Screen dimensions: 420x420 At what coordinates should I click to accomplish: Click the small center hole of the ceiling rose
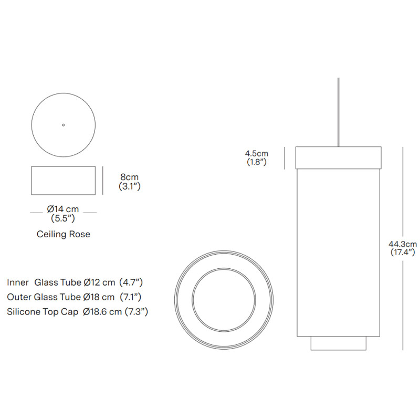(64, 125)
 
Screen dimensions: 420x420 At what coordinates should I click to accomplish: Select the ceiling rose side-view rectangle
(64, 181)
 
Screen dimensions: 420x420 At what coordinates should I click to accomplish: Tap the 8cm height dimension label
(129, 177)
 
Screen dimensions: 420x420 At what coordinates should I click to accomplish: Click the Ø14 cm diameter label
(64, 209)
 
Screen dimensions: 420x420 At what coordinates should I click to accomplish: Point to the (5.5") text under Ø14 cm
(64, 217)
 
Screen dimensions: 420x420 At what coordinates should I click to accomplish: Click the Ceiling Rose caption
(64, 234)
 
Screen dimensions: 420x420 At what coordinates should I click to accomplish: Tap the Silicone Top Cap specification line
(77, 312)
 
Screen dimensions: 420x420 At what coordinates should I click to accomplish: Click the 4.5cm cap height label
(256, 153)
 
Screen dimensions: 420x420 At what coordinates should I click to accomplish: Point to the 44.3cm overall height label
(402, 244)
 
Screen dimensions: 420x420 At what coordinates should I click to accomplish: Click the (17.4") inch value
(402, 252)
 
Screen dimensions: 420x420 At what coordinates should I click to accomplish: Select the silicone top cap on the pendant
(338, 157)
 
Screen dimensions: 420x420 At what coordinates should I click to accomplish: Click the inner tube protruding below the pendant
(338, 343)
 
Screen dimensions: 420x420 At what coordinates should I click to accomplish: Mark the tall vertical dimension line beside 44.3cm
(403, 210)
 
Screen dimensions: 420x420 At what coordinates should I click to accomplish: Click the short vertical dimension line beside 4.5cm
(285, 157)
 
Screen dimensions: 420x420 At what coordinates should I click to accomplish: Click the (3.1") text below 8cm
(129, 186)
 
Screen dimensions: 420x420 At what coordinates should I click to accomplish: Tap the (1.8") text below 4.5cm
(256, 162)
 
